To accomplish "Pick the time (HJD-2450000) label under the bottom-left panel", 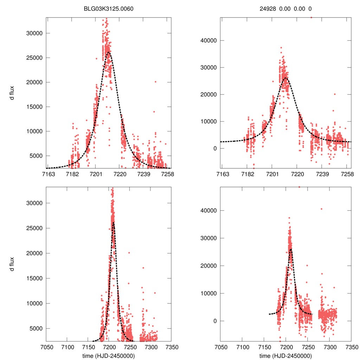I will coord(109,356).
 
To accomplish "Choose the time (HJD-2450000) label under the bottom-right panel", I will coord(285,356).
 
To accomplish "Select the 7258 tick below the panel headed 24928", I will coord(347,174).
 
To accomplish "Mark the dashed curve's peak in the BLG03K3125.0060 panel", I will coord(109,52).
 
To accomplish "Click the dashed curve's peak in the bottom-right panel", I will coord(290,249).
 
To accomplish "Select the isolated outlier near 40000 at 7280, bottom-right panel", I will coord(321,209).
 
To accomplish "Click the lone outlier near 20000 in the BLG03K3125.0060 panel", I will coord(155,82).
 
